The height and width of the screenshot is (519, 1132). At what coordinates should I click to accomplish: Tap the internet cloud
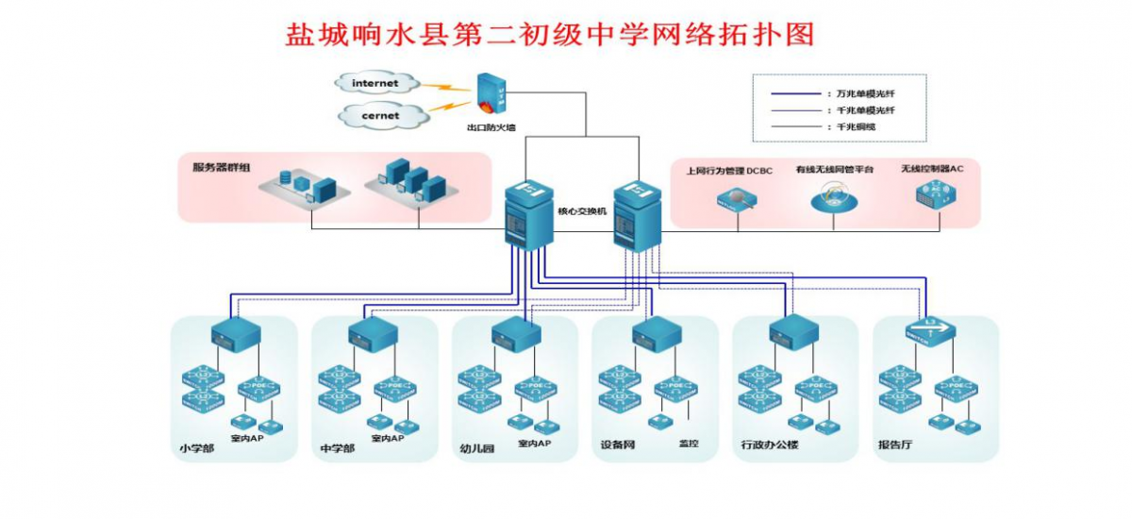point(375,84)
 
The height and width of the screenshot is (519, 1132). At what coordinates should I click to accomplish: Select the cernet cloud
point(379,115)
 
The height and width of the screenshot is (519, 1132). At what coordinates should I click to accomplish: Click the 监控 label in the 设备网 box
point(689,443)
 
